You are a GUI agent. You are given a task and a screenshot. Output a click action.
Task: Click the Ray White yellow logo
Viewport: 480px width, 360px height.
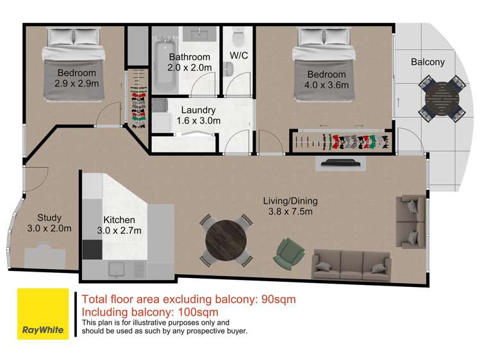[43, 313]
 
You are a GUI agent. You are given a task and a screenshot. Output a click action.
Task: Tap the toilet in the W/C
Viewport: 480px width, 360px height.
[238, 36]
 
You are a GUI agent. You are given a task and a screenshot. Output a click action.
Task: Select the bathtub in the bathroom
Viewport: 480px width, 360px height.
[165, 66]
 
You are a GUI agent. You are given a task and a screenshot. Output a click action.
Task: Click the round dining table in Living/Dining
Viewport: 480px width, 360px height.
[226, 240]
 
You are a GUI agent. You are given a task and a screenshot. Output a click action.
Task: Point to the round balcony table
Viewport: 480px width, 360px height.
[442, 99]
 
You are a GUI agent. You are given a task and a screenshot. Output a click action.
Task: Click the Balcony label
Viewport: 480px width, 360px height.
[427, 62]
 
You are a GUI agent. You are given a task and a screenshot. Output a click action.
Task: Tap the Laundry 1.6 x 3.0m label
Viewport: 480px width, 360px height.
[199, 115]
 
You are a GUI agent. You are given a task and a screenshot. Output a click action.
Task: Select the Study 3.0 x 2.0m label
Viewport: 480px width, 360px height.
[49, 223]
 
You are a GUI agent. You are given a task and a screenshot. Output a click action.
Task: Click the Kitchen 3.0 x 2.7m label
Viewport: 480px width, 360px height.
[119, 225]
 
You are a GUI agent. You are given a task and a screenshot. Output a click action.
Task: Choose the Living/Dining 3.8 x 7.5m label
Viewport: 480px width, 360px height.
[290, 206]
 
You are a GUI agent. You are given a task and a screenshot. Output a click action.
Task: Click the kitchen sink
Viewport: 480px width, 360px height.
[117, 270]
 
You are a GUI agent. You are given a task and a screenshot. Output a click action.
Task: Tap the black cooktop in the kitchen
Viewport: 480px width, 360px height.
[92, 250]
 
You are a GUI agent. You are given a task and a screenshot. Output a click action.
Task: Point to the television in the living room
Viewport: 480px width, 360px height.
[341, 162]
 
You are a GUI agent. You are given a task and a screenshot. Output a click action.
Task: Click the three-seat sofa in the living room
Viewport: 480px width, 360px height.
[351, 265]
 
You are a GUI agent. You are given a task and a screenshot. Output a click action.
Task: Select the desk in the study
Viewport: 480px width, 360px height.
[45, 256]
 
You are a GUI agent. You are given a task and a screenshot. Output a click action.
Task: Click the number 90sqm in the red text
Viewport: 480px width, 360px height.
[279, 299]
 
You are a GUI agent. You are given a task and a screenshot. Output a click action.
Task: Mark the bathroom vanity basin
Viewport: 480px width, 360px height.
[199, 34]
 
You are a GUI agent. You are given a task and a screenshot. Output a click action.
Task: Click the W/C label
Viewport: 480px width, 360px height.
[239, 56]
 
